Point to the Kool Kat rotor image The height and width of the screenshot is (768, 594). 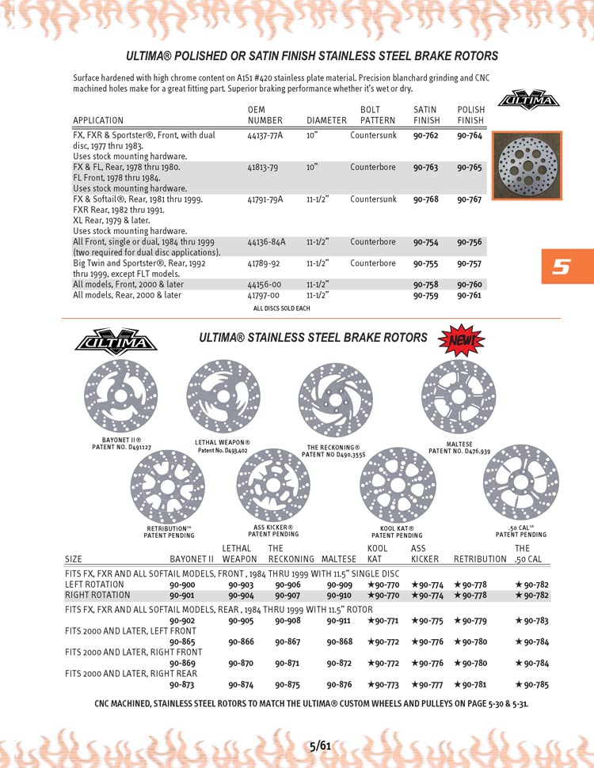coord(397,484)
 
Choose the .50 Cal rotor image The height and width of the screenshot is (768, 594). coord(520,483)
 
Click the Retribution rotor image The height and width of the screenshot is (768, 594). coord(167,484)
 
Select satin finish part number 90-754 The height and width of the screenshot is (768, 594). coord(426,242)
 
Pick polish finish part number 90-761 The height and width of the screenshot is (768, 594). coord(470,295)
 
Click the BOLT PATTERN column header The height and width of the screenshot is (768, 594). coord(377,115)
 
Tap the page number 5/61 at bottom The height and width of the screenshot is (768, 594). coord(320,745)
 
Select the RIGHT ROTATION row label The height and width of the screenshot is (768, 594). coord(97,595)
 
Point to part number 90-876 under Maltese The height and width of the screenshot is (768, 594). coord(340,685)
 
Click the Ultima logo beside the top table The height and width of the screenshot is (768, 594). coord(527,100)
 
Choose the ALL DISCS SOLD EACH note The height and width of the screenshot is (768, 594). coord(281,308)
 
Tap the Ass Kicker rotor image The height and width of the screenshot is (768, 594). coord(273,484)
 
